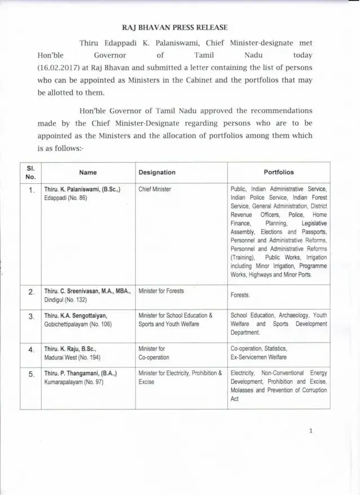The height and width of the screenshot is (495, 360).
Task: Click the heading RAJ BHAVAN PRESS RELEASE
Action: (x=180, y=26)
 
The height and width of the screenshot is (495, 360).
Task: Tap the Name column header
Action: (x=88, y=173)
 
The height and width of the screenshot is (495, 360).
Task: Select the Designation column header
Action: (x=157, y=173)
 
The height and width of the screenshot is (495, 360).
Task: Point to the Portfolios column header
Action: (x=278, y=172)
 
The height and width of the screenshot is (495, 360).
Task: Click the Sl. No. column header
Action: (x=30, y=173)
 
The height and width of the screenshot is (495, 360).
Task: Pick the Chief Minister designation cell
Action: (x=155, y=190)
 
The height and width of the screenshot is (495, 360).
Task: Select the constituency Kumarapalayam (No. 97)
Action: (x=73, y=381)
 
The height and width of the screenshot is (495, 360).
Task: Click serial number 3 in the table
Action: (x=31, y=317)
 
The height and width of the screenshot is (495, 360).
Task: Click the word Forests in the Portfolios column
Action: (x=240, y=295)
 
